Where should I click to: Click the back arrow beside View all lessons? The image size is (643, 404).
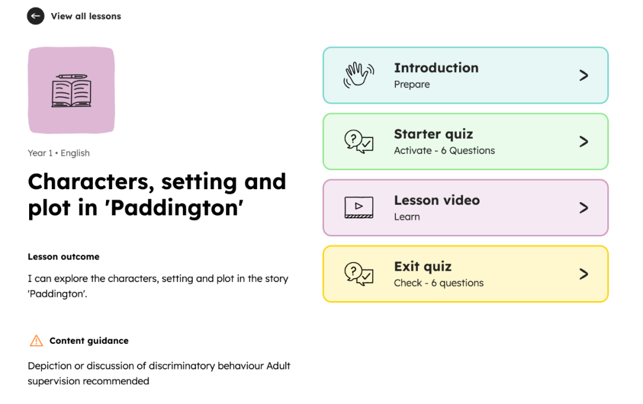click(36, 16)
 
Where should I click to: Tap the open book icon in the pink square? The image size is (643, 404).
click(71, 90)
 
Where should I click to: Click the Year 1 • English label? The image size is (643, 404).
click(58, 153)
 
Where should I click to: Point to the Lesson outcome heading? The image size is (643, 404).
click(64, 256)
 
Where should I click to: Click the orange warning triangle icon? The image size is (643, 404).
click(36, 340)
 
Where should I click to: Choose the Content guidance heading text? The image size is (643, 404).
click(89, 340)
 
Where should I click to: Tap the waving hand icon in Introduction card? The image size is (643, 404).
click(359, 75)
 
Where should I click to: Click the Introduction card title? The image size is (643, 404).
click(436, 68)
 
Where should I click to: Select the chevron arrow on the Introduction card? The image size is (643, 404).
click(583, 76)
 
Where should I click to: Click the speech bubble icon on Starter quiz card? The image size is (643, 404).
click(359, 142)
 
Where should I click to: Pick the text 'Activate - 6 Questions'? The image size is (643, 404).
click(445, 151)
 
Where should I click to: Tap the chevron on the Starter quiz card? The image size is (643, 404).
click(583, 142)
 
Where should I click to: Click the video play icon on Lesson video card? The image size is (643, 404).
click(359, 207)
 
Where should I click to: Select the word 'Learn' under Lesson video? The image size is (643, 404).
click(407, 217)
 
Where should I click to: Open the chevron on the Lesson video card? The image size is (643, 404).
click(583, 208)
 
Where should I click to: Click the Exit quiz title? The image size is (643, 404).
click(423, 267)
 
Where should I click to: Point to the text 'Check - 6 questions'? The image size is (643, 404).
click(439, 283)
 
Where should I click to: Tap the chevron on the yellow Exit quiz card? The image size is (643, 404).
click(583, 274)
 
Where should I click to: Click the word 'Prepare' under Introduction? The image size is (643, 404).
click(412, 84)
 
